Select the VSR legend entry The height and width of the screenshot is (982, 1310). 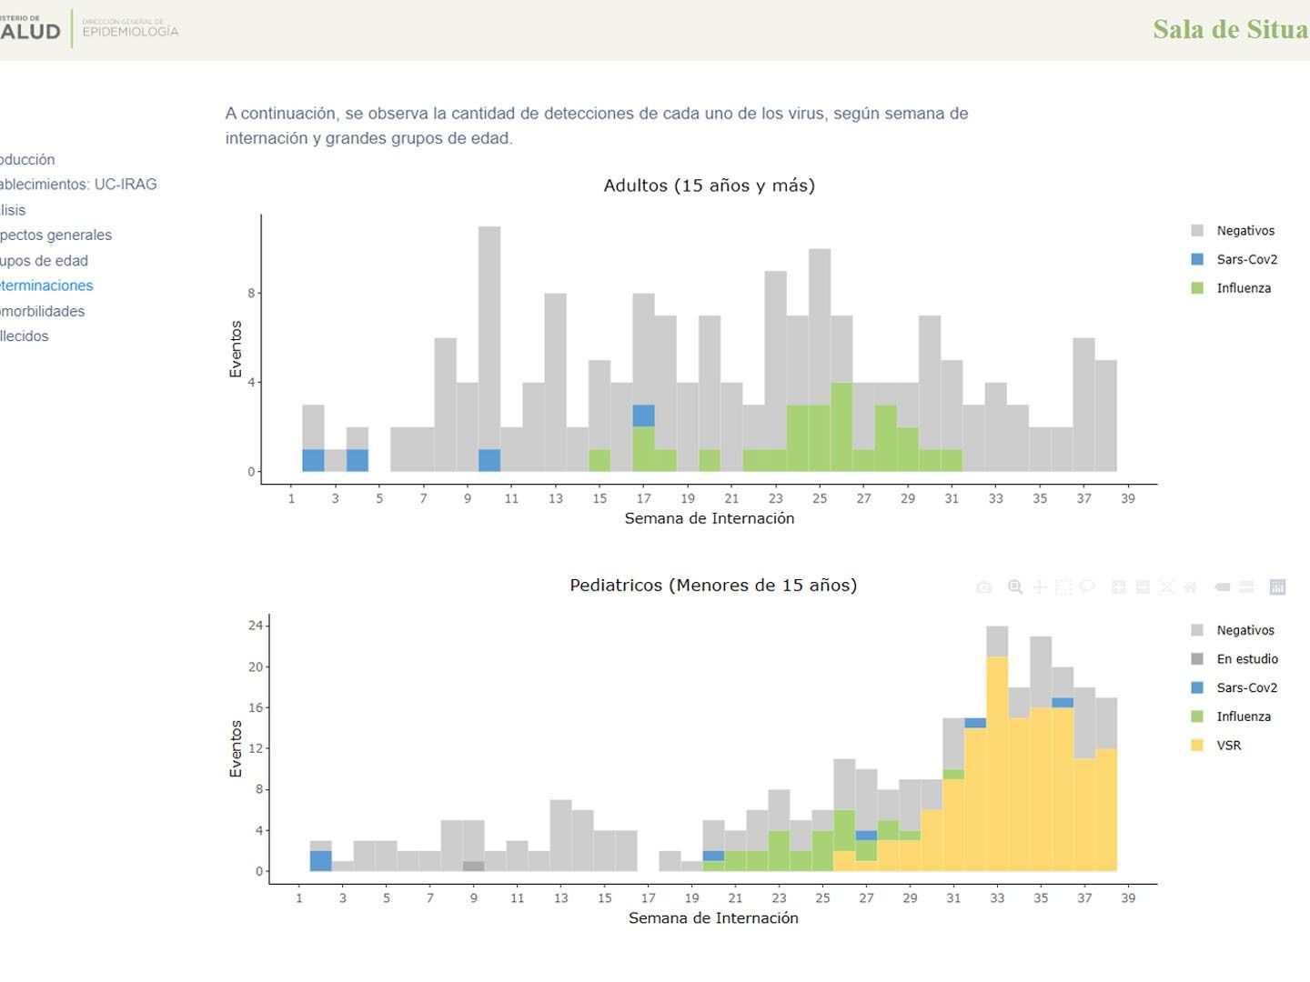[1228, 745]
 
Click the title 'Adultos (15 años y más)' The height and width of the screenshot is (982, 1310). [709, 185]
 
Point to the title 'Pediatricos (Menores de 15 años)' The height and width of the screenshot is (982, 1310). [713, 585]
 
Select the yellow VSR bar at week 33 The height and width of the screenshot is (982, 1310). [997, 764]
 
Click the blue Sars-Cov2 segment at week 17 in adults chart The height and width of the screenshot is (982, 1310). [644, 416]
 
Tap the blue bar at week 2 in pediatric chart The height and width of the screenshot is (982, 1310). [321, 860]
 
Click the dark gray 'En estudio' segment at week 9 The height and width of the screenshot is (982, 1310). [473, 867]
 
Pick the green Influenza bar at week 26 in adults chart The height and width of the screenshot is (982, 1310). [841, 427]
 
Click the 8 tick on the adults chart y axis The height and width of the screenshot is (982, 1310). [252, 294]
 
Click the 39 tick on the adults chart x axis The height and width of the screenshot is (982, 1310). [1128, 498]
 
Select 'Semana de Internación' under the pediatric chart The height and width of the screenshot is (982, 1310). [713, 918]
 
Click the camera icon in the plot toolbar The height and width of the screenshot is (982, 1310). [983, 587]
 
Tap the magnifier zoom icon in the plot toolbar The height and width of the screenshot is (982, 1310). [1015, 587]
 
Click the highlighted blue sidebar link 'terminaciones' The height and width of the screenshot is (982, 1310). [46, 286]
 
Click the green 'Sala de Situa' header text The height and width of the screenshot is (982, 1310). [1230, 29]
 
